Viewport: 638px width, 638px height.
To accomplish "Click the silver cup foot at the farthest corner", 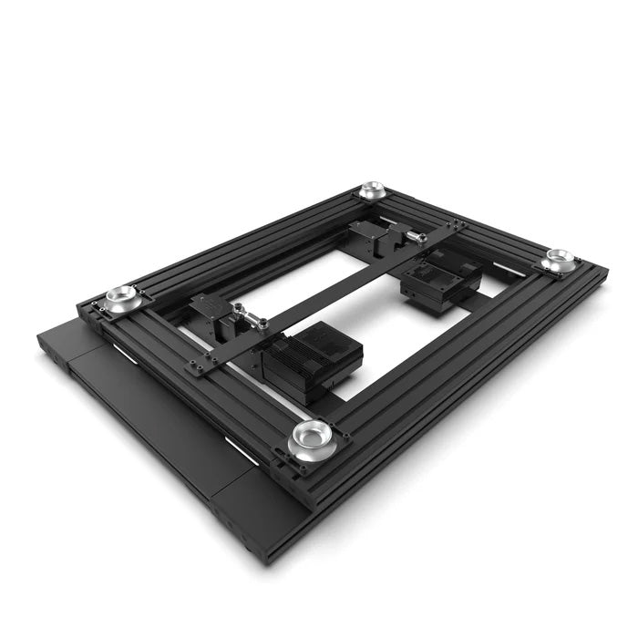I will pyautogui.click(x=371, y=190).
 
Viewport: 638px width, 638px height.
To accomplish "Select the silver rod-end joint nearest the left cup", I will pyautogui.click(x=247, y=318).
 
